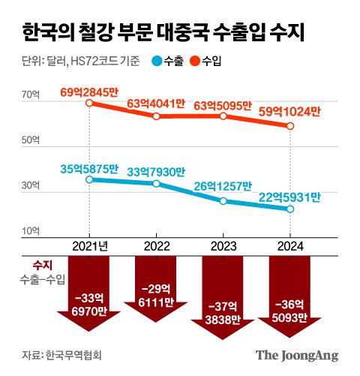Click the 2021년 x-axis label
click(90, 245)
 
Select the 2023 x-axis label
click(223, 245)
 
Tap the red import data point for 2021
click(90, 103)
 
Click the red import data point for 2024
click(290, 125)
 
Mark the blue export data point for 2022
click(157, 183)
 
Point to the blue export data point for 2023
click(223, 200)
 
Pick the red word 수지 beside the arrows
click(42, 265)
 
